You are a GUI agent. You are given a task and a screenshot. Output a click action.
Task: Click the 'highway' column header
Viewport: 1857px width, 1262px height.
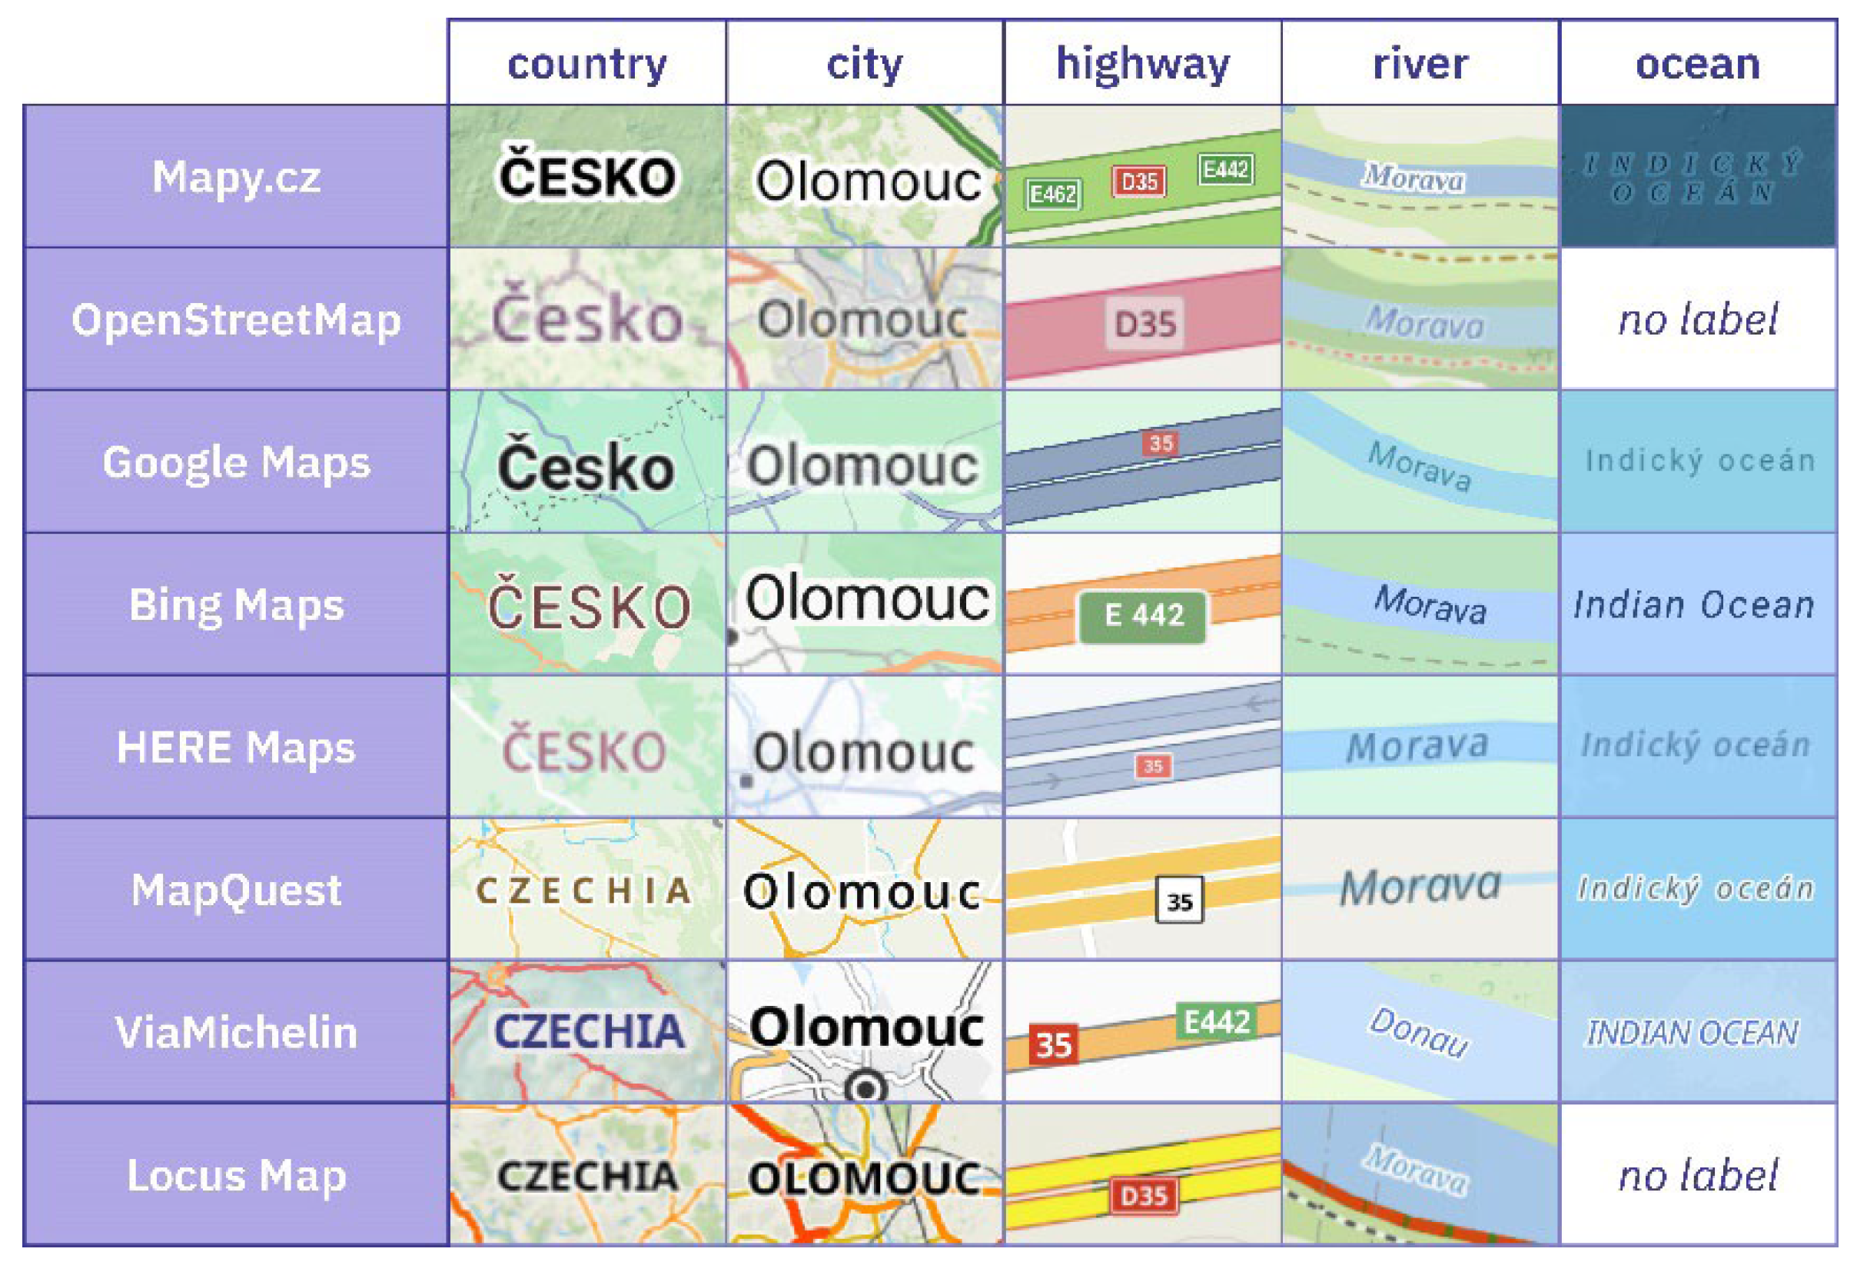[1142, 64]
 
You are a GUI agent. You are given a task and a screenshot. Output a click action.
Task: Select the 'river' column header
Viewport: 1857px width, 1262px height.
[1419, 64]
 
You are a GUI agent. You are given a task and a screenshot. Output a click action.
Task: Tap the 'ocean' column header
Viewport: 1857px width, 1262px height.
[1697, 64]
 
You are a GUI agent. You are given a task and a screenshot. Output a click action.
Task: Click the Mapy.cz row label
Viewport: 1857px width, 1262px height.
[237, 177]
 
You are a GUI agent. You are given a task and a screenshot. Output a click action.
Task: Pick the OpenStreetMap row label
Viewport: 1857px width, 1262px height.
[237, 320]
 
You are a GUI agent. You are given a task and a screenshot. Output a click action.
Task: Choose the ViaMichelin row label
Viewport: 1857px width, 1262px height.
[237, 1032]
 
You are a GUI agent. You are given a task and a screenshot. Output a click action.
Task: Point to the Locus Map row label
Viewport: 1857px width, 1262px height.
[237, 1175]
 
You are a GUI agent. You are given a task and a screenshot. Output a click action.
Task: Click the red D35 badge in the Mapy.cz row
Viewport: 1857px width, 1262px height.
[1138, 181]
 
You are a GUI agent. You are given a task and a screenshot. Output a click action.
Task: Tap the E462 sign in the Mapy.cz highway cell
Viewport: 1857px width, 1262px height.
[1053, 195]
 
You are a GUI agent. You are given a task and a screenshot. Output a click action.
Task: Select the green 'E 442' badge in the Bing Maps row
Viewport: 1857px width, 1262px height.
[1142, 615]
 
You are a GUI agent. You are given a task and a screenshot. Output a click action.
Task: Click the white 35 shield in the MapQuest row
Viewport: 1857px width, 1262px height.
[1179, 901]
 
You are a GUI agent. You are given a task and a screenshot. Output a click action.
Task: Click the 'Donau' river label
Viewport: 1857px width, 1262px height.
[1418, 1032]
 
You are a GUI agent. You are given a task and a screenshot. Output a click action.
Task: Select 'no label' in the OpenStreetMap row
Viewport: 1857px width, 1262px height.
[1697, 320]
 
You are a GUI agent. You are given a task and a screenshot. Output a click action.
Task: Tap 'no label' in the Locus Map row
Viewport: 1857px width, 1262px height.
[1697, 1176]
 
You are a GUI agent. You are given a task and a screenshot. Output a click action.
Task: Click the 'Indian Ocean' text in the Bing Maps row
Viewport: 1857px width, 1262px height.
[1694, 605]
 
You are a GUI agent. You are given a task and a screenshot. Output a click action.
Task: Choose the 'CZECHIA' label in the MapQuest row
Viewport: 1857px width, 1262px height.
[585, 891]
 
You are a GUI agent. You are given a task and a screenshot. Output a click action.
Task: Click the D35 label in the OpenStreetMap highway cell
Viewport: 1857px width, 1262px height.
[1145, 325]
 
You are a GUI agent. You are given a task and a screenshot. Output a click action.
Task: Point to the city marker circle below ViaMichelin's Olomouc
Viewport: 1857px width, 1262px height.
[865, 1087]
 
